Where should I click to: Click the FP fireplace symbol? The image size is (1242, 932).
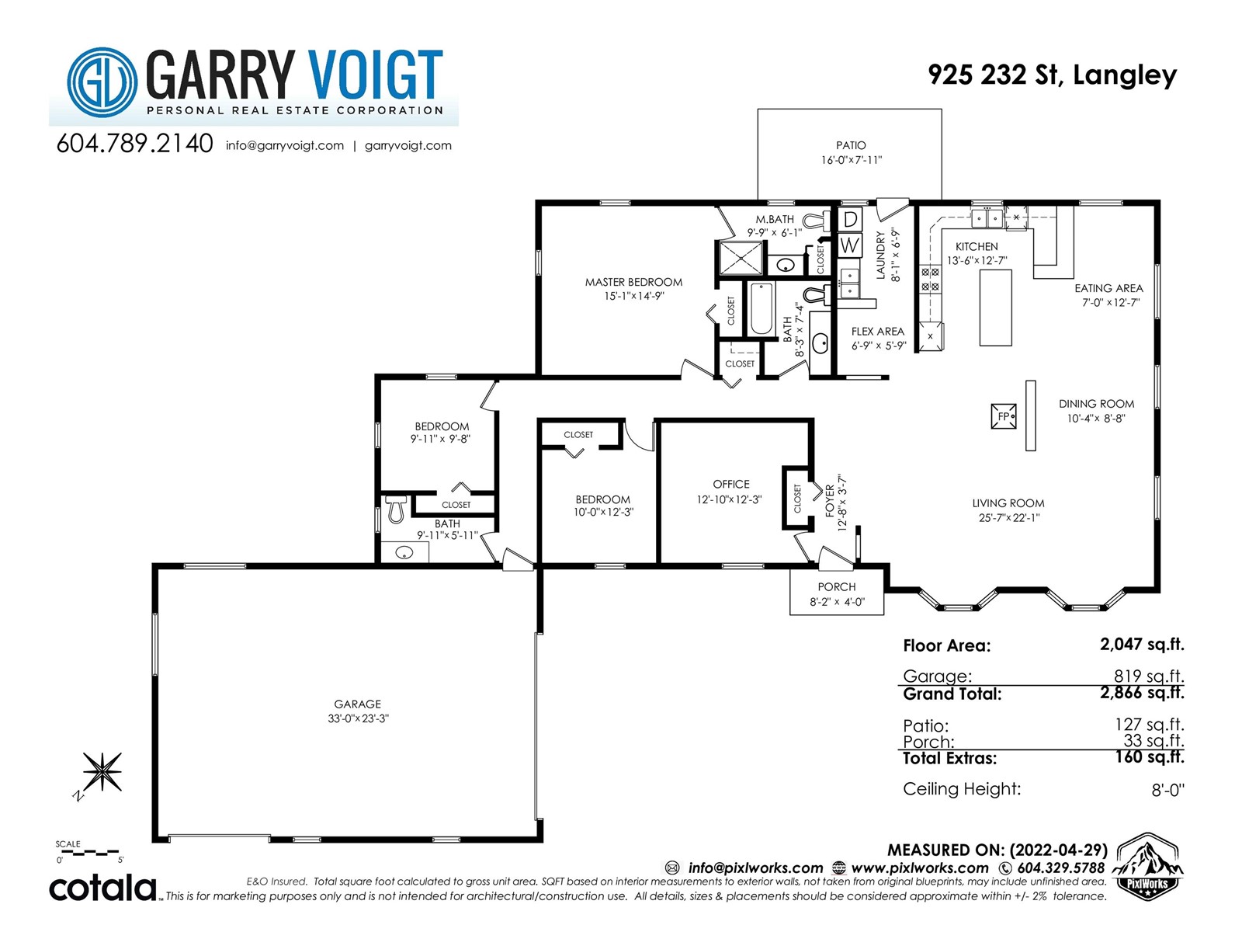pyautogui.click(x=1003, y=416)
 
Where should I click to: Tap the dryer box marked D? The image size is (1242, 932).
pyautogui.click(x=849, y=219)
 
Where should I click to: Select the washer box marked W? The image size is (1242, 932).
pyautogui.click(x=849, y=245)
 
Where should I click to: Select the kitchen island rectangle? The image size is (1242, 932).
pyautogui.click(x=995, y=308)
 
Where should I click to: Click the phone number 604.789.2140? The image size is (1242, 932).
pyautogui.click(x=134, y=144)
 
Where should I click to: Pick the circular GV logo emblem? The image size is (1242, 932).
pyautogui.click(x=102, y=82)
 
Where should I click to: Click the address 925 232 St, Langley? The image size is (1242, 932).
pyautogui.click(x=1052, y=75)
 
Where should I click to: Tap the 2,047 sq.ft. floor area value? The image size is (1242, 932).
pyautogui.click(x=1142, y=645)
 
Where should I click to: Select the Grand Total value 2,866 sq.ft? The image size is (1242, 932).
pyautogui.click(x=1142, y=693)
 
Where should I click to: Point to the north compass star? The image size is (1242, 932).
pyautogui.click(x=102, y=771)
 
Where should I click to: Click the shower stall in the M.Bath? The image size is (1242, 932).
pyautogui.click(x=741, y=259)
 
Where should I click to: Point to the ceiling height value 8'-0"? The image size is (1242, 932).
pyautogui.click(x=1167, y=789)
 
